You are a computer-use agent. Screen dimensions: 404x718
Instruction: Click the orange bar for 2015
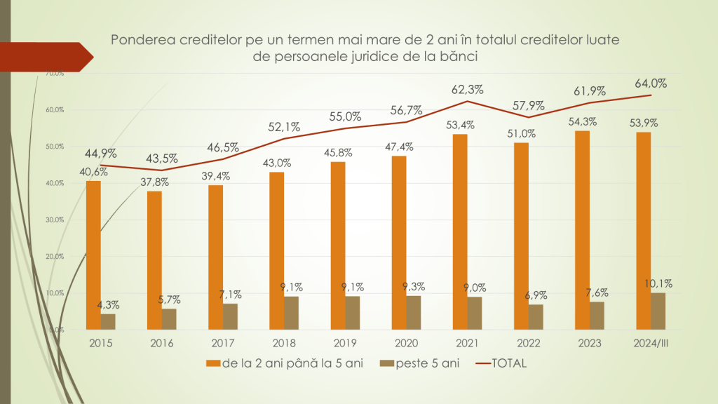tap(93, 255)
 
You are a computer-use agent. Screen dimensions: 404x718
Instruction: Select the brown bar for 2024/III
tap(658, 311)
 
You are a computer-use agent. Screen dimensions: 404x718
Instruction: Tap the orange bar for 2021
tap(459, 231)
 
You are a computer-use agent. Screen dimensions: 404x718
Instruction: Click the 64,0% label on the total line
tap(652, 83)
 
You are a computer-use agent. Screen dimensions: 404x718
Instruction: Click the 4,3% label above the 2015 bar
tap(109, 304)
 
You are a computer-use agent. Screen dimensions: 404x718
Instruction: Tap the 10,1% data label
tap(658, 283)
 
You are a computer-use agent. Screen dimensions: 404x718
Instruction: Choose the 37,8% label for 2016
tap(154, 182)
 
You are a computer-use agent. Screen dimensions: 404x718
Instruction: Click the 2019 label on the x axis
tap(345, 343)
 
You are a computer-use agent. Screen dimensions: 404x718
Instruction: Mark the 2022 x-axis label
tap(528, 343)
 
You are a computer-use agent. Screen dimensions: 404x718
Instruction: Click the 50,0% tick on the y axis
tap(55, 147)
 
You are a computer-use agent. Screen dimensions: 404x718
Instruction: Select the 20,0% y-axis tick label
tap(55, 256)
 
